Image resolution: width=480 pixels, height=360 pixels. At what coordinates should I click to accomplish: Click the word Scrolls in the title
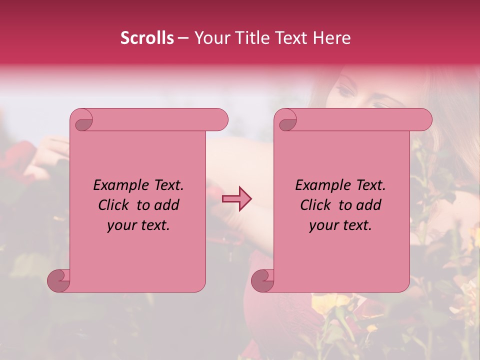(147, 38)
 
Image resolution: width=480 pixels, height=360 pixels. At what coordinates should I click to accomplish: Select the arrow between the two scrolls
(236, 199)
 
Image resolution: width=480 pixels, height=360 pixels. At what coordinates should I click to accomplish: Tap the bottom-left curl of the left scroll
(58, 280)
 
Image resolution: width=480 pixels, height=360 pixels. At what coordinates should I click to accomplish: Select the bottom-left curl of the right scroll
(262, 280)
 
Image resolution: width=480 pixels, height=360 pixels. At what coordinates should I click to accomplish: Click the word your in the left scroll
(120, 225)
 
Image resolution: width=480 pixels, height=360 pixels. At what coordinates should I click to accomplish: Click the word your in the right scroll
(322, 225)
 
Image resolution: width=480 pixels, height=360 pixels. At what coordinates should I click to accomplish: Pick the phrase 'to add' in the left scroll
(157, 205)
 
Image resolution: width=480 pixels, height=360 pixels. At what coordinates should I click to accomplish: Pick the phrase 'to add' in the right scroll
(359, 205)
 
